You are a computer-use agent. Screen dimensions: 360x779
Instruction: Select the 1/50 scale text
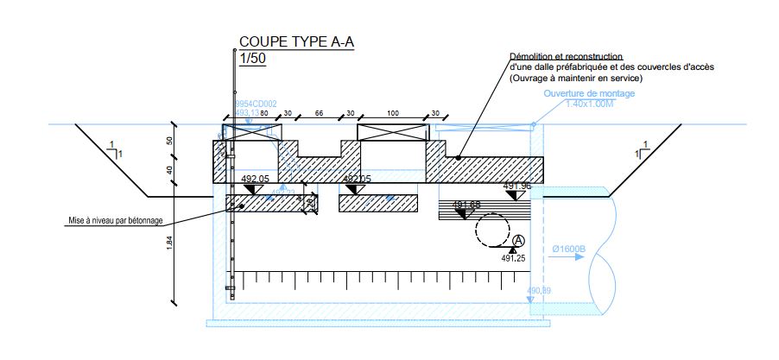pos(252,59)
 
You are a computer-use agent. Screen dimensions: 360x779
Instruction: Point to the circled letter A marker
pos(518,241)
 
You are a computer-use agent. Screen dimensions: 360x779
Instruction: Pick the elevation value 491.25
pos(513,257)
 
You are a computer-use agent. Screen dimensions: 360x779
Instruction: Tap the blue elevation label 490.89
pos(539,290)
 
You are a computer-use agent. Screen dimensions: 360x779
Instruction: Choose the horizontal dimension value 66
pos(318,114)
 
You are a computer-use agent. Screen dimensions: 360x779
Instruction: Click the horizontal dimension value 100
pos(393,114)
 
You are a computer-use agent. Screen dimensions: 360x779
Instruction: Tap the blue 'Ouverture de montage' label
pos(590,93)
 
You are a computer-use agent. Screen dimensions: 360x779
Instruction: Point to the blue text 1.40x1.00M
pos(590,104)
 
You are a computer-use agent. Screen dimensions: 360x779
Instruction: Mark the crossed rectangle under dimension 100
pos(393,132)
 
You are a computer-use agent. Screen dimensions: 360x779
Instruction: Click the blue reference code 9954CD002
pos(256,104)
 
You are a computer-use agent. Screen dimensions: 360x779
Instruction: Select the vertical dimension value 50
pos(169,141)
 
